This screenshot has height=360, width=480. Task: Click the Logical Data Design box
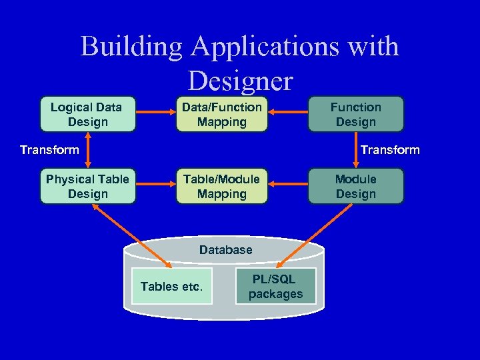tap(87, 114)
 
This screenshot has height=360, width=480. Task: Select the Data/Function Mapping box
tap(222, 114)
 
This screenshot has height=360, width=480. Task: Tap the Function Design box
tap(355, 114)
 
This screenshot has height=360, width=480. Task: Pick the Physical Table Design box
tap(87, 186)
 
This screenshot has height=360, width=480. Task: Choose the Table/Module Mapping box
tap(222, 186)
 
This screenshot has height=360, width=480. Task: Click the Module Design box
tap(355, 186)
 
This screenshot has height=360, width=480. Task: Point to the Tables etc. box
tap(171, 286)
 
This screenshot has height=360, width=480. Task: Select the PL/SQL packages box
tap(275, 286)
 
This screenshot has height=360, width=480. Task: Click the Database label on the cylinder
tap(225, 250)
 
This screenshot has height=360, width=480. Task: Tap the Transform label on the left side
tap(49, 150)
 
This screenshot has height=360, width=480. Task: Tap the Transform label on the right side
tap(390, 150)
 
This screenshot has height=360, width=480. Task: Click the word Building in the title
tap(131, 47)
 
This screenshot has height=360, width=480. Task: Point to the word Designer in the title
tap(240, 81)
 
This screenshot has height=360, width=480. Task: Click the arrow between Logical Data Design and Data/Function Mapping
tap(155, 114)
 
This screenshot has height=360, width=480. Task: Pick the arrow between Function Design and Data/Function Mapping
tap(287, 114)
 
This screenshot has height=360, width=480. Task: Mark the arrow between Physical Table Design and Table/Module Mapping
tap(155, 186)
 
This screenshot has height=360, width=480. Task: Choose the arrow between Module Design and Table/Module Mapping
tap(287, 186)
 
